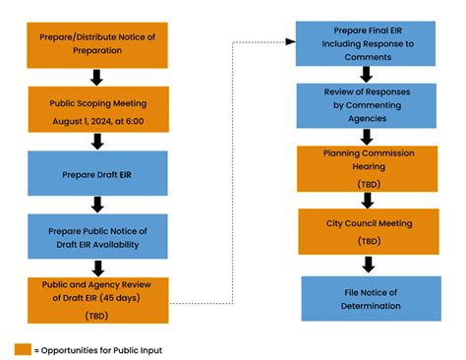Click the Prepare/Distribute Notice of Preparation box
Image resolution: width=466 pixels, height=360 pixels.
(96, 42)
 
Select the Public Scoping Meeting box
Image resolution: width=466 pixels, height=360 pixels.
(96, 109)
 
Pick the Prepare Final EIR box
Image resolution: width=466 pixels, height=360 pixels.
(368, 42)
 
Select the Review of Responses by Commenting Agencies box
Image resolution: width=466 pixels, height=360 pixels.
(368, 104)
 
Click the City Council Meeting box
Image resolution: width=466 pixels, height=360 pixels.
(368, 231)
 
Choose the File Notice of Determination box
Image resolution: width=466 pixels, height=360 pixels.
(368, 298)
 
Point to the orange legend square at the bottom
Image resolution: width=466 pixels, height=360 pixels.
(22, 349)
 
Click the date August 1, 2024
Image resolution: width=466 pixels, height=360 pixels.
(87, 119)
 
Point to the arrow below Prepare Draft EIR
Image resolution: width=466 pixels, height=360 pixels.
(96, 205)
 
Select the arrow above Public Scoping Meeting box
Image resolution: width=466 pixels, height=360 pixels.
(96, 77)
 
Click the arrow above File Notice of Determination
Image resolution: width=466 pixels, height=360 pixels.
(368, 264)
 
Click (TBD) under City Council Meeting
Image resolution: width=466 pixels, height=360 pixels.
(368, 241)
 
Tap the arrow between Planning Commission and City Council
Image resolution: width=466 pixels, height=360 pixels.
(368, 200)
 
